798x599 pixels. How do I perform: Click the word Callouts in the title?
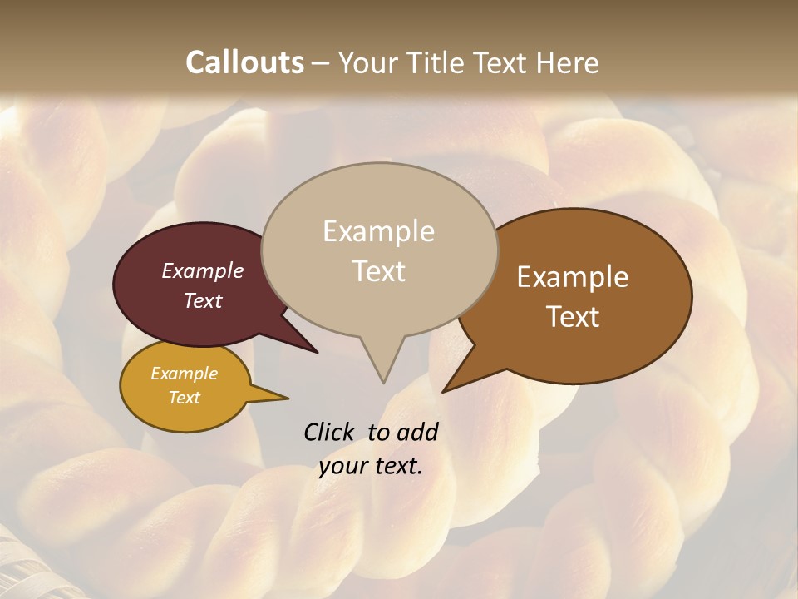pyautogui.click(x=244, y=62)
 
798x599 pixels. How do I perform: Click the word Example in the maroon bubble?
pyautogui.click(x=202, y=271)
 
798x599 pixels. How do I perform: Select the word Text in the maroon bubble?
pyautogui.click(x=202, y=300)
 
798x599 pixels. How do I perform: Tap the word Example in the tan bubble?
pyautogui.click(x=378, y=231)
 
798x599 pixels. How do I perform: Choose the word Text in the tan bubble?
pyautogui.click(x=378, y=271)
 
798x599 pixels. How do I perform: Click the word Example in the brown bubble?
pyautogui.click(x=573, y=277)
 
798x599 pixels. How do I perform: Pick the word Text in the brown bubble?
pyautogui.click(x=573, y=317)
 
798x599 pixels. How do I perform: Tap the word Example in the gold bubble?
pyautogui.click(x=184, y=374)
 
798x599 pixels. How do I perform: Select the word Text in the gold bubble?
pyautogui.click(x=184, y=398)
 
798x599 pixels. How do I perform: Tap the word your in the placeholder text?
pyautogui.click(x=342, y=466)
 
